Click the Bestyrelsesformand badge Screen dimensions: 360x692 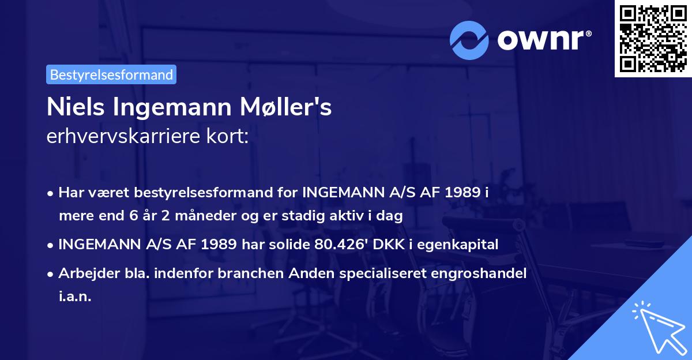111,74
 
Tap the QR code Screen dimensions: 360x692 653,38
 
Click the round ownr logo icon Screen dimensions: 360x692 470,40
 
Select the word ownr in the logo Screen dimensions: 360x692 543,40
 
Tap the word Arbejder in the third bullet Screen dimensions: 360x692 84,274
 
